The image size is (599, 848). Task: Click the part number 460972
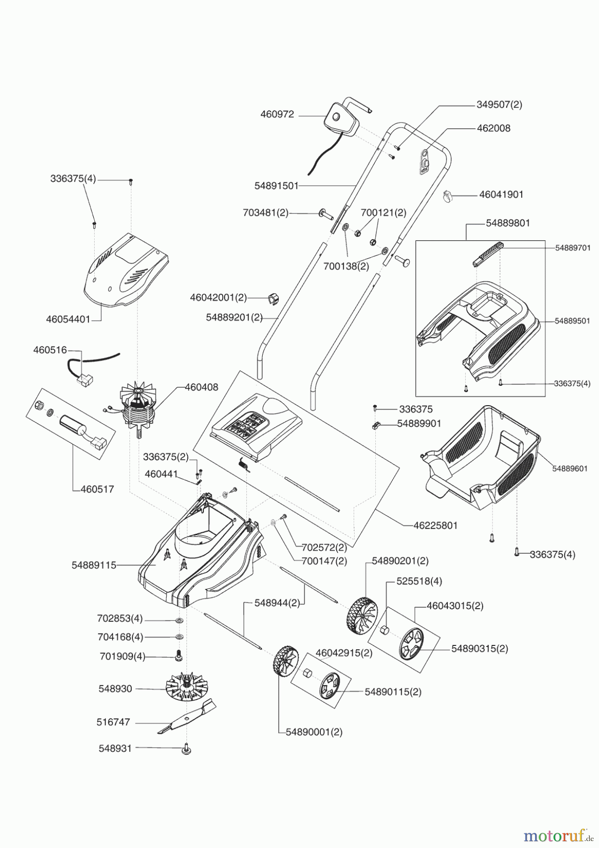(277, 114)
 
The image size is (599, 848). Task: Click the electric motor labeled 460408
(138, 408)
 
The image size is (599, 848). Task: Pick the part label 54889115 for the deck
(94, 565)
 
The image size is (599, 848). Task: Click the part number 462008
(494, 128)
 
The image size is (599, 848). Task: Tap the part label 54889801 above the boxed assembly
(508, 223)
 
